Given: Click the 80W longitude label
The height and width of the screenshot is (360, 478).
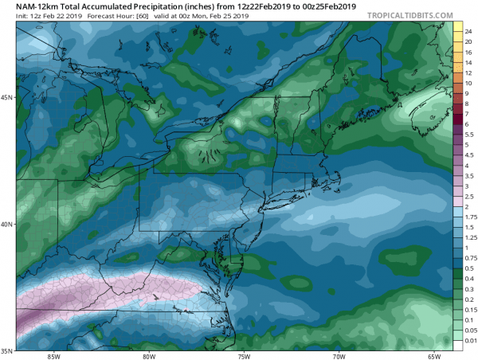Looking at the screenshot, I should [148, 355].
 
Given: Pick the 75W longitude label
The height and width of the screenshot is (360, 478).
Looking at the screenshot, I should [243, 355].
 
